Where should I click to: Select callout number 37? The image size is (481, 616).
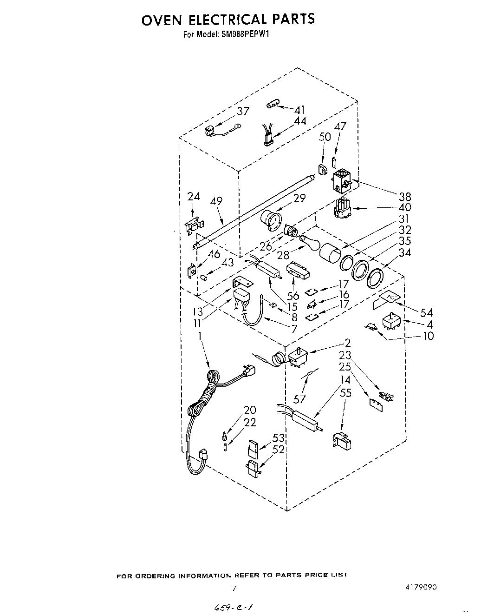click(x=243, y=111)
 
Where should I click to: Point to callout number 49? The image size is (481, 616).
click(x=216, y=201)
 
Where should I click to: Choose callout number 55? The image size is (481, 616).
click(x=345, y=393)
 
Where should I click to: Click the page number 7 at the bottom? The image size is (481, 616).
click(x=234, y=588)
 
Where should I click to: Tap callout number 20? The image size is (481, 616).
click(x=250, y=410)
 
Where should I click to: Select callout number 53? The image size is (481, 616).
click(x=278, y=438)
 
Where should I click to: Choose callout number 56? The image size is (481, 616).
click(x=292, y=295)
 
